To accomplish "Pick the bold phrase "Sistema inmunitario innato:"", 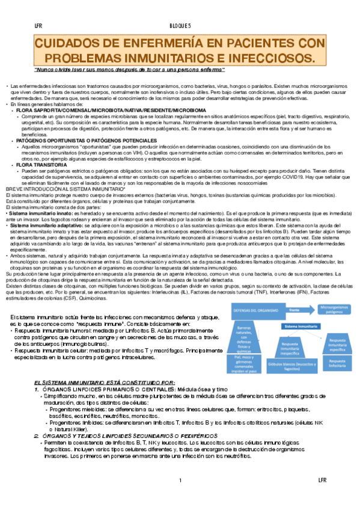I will tap(35, 214).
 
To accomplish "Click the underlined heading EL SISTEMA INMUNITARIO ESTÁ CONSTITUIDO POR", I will tap(105, 382).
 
